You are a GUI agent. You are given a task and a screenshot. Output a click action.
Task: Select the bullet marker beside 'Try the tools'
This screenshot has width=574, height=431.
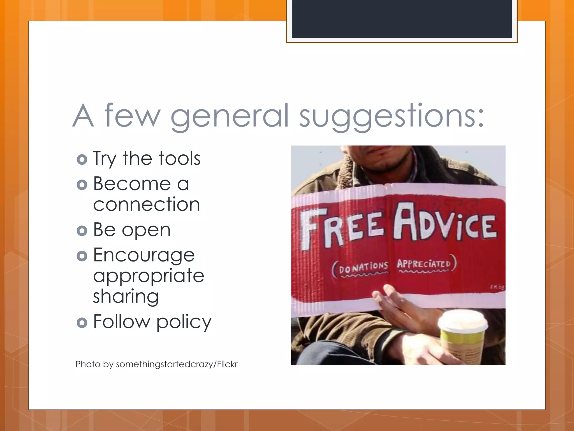click(82, 159)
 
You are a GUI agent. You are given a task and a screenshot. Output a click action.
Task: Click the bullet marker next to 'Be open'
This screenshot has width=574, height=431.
click(82, 231)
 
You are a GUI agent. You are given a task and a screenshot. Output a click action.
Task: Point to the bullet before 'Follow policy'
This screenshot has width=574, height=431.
click(82, 322)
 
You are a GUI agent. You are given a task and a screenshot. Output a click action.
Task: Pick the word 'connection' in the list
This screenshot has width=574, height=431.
click(146, 204)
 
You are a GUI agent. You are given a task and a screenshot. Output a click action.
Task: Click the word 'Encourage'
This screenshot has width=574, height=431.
click(144, 255)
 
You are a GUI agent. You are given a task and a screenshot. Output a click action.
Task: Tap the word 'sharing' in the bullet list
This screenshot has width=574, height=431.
click(126, 297)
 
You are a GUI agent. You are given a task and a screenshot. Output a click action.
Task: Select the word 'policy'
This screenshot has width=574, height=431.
click(184, 322)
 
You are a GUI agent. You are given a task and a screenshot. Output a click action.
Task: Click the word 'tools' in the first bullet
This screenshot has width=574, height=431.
click(179, 159)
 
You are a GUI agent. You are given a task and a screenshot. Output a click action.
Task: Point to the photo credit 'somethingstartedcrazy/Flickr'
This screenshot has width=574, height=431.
click(177, 364)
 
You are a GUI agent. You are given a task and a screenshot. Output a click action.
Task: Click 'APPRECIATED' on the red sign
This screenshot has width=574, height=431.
click(423, 264)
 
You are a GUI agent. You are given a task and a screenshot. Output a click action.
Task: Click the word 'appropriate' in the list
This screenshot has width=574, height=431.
click(149, 276)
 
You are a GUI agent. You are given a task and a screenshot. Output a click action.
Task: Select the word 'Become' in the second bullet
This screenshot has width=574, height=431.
click(132, 184)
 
